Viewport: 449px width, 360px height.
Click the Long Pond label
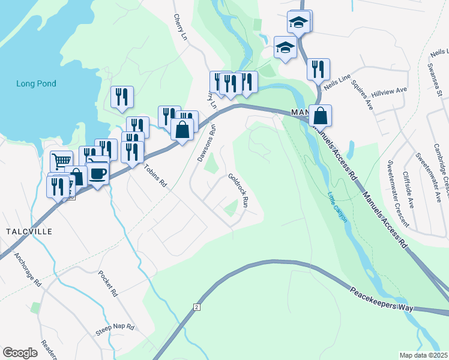[x=36, y=83]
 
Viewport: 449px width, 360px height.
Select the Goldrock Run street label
[x=238, y=190]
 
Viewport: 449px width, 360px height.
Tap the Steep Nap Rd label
[x=115, y=331]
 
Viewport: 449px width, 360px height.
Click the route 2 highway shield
[x=196, y=307]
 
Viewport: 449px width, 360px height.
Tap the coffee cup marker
[x=98, y=173]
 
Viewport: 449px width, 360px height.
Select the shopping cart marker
[x=61, y=161]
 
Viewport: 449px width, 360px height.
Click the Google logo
[x=20, y=353]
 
